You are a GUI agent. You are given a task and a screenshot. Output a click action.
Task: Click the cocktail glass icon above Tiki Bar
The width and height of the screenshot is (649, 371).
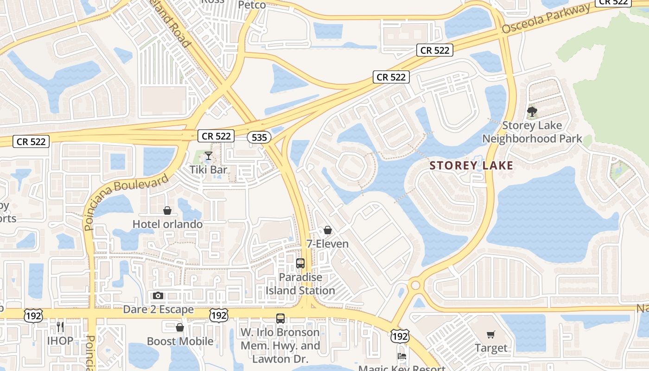point(209,155)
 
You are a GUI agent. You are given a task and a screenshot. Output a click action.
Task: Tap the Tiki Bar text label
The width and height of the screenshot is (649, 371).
point(209,170)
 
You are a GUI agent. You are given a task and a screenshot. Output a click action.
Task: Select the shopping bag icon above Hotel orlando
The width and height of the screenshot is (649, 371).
point(167,211)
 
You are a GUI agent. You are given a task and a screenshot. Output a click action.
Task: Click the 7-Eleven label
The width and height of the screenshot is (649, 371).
point(328,243)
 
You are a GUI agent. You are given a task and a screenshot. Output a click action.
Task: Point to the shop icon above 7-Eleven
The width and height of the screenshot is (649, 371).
point(328,230)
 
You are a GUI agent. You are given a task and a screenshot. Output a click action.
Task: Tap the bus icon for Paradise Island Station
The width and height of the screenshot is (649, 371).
point(300,263)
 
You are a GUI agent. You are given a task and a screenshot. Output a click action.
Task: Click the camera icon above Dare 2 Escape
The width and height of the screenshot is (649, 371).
point(158,295)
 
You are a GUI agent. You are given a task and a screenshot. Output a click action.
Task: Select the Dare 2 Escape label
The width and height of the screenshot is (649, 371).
point(158,309)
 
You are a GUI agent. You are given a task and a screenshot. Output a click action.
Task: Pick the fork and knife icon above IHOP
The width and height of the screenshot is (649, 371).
point(60,327)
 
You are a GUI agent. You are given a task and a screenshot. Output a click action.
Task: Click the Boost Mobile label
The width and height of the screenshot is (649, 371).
point(180,342)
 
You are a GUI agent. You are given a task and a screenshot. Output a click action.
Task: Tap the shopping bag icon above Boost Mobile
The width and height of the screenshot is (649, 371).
point(180,328)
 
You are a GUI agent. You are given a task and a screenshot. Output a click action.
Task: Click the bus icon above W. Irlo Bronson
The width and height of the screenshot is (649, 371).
point(280,319)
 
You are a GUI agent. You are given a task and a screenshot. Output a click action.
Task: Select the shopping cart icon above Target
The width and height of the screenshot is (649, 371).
point(491,334)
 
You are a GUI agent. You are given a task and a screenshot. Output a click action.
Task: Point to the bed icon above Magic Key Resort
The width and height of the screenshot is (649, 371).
point(402,357)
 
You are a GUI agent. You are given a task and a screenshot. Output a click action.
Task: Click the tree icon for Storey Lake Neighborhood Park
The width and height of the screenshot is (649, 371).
point(532,112)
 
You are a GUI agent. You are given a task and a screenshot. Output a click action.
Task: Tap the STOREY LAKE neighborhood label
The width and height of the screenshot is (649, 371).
point(471,166)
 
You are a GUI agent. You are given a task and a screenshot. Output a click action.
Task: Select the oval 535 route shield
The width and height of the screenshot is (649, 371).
point(259,137)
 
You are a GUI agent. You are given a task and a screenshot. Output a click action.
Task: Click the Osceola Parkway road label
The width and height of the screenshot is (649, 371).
point(546,19)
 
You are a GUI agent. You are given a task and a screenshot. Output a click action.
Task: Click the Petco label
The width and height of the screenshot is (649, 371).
point(252,5)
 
